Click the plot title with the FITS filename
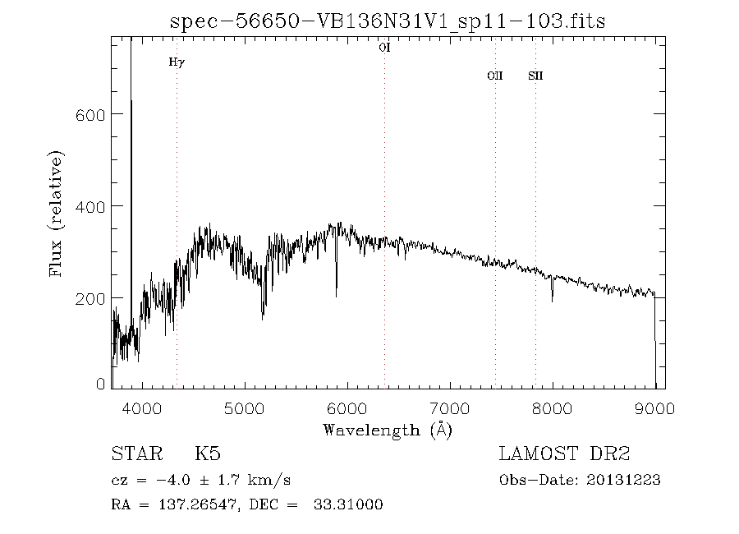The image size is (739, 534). (x=388, y=21)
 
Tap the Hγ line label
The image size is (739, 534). (x=176, y=62)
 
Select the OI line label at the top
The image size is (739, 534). (x=384, y=48)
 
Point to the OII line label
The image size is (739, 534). (x=494, y=76)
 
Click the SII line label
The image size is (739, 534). (x=535, y=76)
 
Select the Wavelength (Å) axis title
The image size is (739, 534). (x=388, y=430)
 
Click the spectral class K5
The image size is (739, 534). (x=207, y=454)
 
